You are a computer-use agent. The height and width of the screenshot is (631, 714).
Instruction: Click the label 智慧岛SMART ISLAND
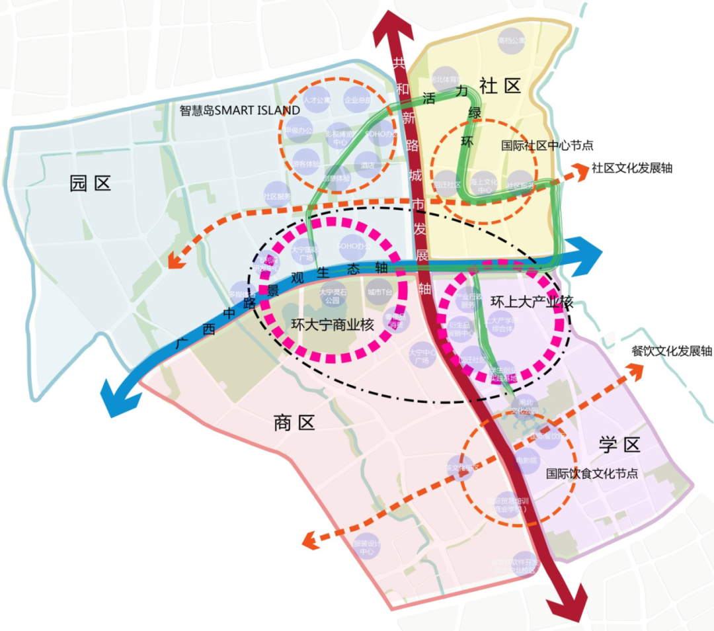click(x=239, y=110)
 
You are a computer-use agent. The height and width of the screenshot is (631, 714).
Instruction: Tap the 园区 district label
click(x=90, y=184)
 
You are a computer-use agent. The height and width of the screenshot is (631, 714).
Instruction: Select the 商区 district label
click(x=294, y=423)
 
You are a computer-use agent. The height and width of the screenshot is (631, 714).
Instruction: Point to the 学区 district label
click(x=619, y=444)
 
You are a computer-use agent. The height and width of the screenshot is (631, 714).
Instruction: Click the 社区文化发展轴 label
click(x=632, y=168)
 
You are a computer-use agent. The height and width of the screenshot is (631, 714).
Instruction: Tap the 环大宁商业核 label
click(x=333, y=325)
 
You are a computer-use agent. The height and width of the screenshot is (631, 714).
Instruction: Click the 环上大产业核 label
click(x=532, y=302)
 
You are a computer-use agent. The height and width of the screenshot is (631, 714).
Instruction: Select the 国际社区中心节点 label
click(x=547, y=146)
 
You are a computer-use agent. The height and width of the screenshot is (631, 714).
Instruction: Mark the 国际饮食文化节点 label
click(x=592, y=474)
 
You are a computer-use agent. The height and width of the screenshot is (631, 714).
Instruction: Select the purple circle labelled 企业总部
click(x=358, y=101)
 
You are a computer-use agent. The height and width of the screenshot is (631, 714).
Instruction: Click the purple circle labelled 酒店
click(x=364, y=165)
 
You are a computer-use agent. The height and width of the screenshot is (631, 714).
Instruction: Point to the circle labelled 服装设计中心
click(x=366, y=546)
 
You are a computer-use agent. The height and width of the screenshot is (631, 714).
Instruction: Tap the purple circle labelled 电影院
click(x=527, y=460)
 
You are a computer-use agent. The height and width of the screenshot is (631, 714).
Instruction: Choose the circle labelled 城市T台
click(x=379, y=291)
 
